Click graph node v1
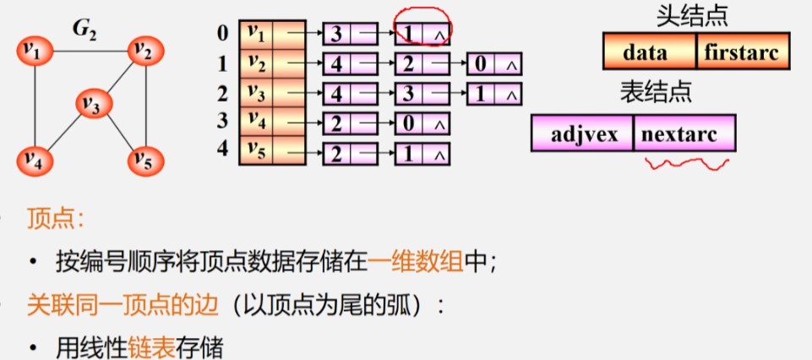(x=35, y=52)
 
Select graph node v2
(x=146, y=52)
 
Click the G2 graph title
(x=84, y=31)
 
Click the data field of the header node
(x=650, y=51)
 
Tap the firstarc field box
(x=743, y=51)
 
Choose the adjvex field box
(x=582, y=134)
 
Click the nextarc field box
(x=684, y=134)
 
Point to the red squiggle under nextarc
(x=687, y=163)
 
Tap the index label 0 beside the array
(x=223, y=34)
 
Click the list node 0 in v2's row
(x=493, y=63)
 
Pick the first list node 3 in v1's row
(x=350, y=35)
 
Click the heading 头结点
(x=692, y=16)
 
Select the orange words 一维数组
(x=416, y=262)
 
